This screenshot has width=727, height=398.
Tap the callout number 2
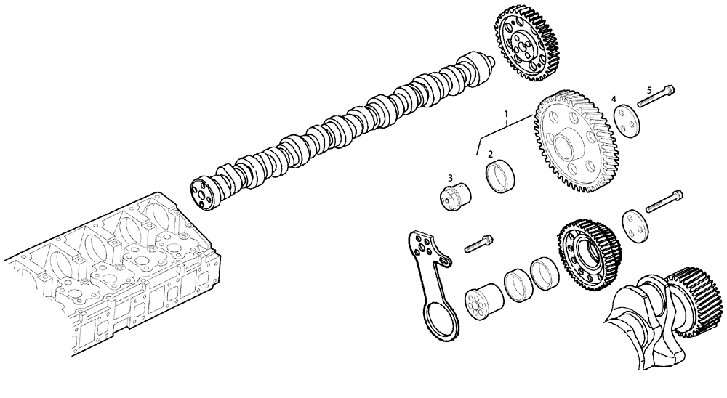tap(491, 154)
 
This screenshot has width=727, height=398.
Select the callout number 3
tap(451, 177)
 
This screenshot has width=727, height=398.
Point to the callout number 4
tap(614, 99)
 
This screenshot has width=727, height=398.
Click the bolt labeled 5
tap(656, 97)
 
